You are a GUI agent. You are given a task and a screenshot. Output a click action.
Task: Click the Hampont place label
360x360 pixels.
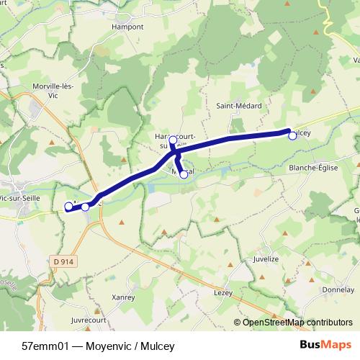(x=128, y=27)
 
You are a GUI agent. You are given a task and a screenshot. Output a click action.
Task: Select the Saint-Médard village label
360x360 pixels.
(x=239, y=106)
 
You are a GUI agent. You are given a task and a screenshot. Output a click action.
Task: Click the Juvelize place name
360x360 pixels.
(x=266, y=257)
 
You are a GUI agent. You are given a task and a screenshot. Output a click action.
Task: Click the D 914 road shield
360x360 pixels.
(x=65, y=261)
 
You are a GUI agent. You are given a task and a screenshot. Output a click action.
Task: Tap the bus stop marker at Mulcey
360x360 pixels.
(x=292, y=135)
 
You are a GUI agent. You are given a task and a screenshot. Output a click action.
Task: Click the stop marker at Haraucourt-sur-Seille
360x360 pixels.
(x=173, y=140)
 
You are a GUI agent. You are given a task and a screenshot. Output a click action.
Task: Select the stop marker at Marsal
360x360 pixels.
(x=184, y=174)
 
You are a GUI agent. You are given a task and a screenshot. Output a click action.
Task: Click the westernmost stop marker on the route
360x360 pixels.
(x=68, y=207)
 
